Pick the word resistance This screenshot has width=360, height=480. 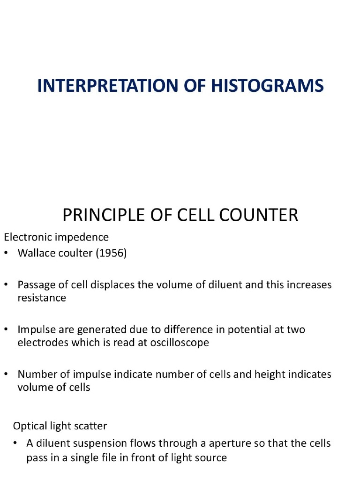coord(42,298)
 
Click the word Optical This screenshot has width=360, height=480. coord(30,426)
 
